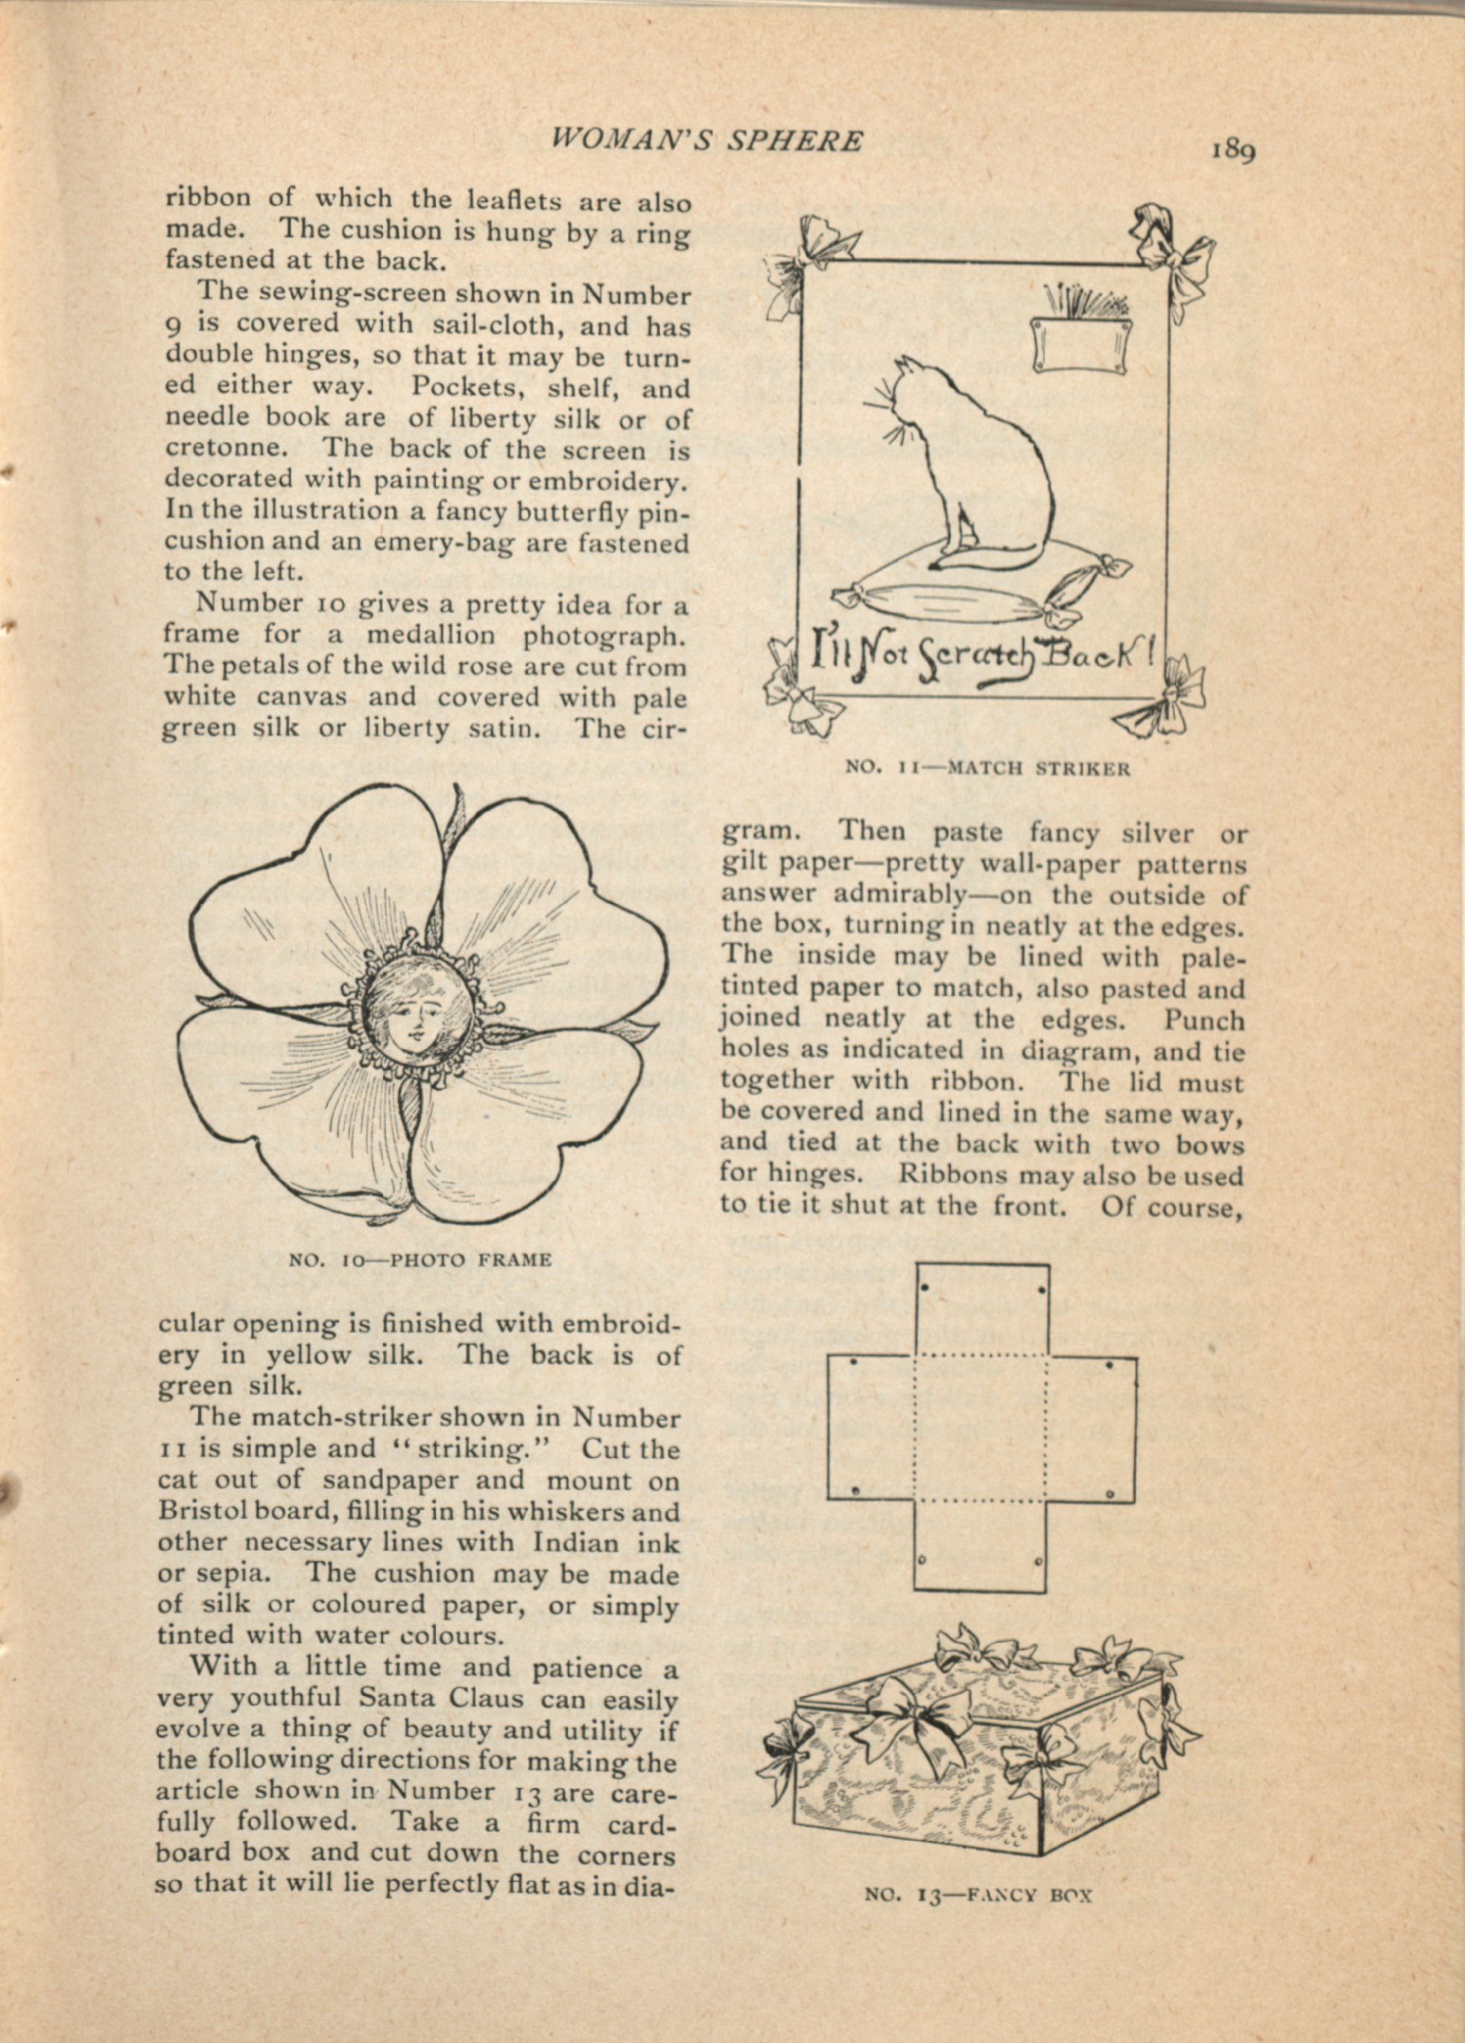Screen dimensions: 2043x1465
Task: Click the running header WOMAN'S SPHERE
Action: [x=706, y=139]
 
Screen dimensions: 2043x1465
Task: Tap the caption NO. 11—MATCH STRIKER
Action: [x=987, y=768]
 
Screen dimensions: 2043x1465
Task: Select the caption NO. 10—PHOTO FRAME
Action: [x=420, y=1259]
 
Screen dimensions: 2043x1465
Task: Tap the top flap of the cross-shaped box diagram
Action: [x=981, y=1307]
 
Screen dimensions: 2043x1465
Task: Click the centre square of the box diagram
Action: [x=981, y=1428]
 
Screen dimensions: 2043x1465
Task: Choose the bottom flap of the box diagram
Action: [x=981, y=1544]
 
